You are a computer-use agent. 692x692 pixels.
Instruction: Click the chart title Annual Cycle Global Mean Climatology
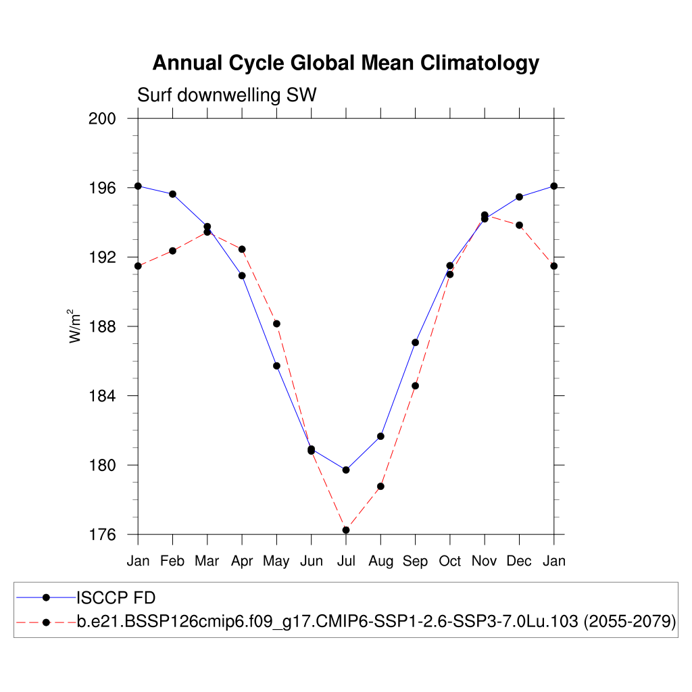(x=345, y=63)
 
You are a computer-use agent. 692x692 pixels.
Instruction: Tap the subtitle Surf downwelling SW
(x=227, y=95)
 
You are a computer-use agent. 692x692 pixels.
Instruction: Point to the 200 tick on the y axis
(x=103, y=118)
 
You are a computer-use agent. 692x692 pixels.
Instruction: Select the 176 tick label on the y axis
(x=103, y=535)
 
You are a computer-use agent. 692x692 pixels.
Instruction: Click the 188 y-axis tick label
(x=103, y=326)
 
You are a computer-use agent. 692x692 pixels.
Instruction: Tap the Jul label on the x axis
(x=346, y=561)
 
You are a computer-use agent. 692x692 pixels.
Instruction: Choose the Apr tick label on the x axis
(x=242, y=561)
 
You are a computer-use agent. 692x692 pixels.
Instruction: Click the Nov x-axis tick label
(x=485, y=561)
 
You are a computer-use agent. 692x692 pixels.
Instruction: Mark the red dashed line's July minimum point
(x=346, y=530)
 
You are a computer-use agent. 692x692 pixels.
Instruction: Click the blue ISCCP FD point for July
(x=346, y=470)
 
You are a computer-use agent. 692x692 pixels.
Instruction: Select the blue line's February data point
(x=172, y=194)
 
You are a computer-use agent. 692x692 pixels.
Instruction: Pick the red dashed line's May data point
(x=276, y=324)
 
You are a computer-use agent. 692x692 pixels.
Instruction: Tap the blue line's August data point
(x=380, y=436)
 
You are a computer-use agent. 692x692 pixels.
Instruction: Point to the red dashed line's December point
(x=519, y=225)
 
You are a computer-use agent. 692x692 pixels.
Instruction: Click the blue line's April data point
(x=242, y=275)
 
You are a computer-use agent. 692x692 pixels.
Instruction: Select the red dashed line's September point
(x=415, y=386)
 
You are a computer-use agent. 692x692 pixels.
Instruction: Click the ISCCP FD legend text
(x=116, y=597)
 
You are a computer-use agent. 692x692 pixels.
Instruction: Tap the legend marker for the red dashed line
(x=46, y=622)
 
